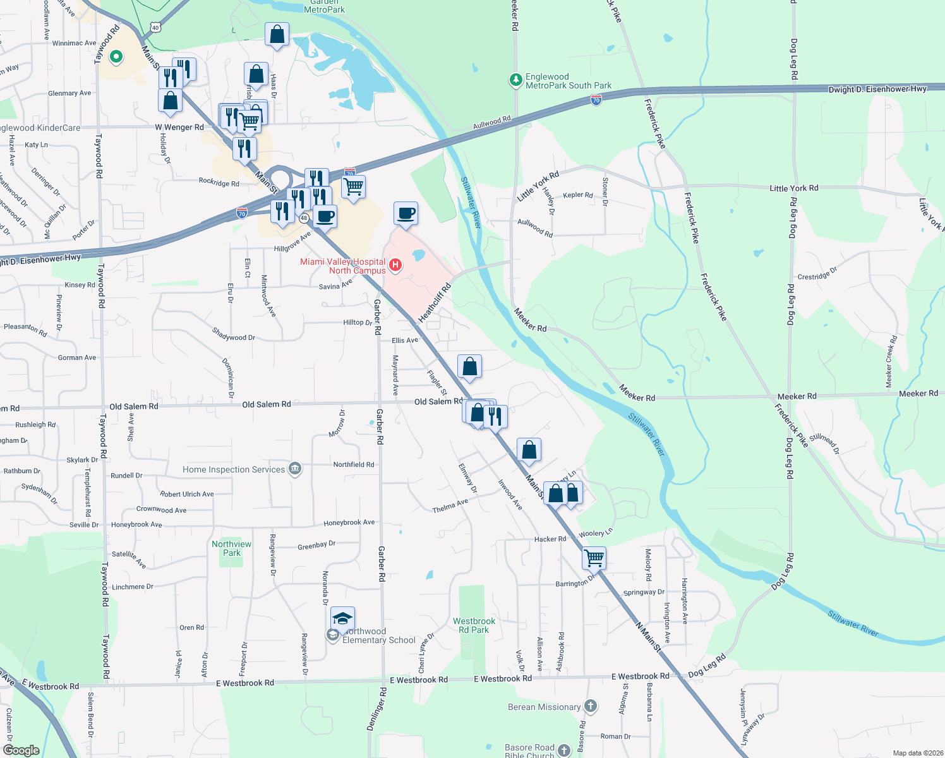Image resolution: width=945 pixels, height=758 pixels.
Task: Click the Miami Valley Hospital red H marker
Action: click(395, 265)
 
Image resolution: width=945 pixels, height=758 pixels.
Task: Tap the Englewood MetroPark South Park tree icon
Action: click(516, 80)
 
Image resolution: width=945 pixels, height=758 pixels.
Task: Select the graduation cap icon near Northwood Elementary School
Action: click(342, 618)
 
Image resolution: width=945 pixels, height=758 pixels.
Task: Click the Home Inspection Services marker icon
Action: click(294, 469)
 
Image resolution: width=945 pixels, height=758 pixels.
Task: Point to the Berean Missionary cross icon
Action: click(590, 706)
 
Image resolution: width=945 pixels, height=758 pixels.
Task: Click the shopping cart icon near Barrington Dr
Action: click(594, 558)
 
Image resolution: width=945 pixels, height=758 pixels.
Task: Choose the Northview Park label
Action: click(231, 548)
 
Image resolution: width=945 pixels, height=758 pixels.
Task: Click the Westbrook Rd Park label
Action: click(474, 625)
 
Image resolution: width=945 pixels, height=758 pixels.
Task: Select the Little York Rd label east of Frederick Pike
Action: click(793, 188)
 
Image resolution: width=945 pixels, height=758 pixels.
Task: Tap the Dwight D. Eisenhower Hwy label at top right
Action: click(877, 89)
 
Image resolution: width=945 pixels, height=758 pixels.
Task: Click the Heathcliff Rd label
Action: click(435, 303)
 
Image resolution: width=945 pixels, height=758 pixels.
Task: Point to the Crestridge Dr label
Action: click(817, 274)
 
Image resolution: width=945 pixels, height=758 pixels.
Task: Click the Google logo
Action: click(21, 750)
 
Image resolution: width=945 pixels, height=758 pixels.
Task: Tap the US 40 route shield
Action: click(156, 27)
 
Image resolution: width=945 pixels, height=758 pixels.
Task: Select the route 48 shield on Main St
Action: click(304, 219)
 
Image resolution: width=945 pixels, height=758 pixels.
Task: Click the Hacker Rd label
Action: click(550, 539)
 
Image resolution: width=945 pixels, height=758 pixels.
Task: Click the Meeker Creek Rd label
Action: click(891, 361)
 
